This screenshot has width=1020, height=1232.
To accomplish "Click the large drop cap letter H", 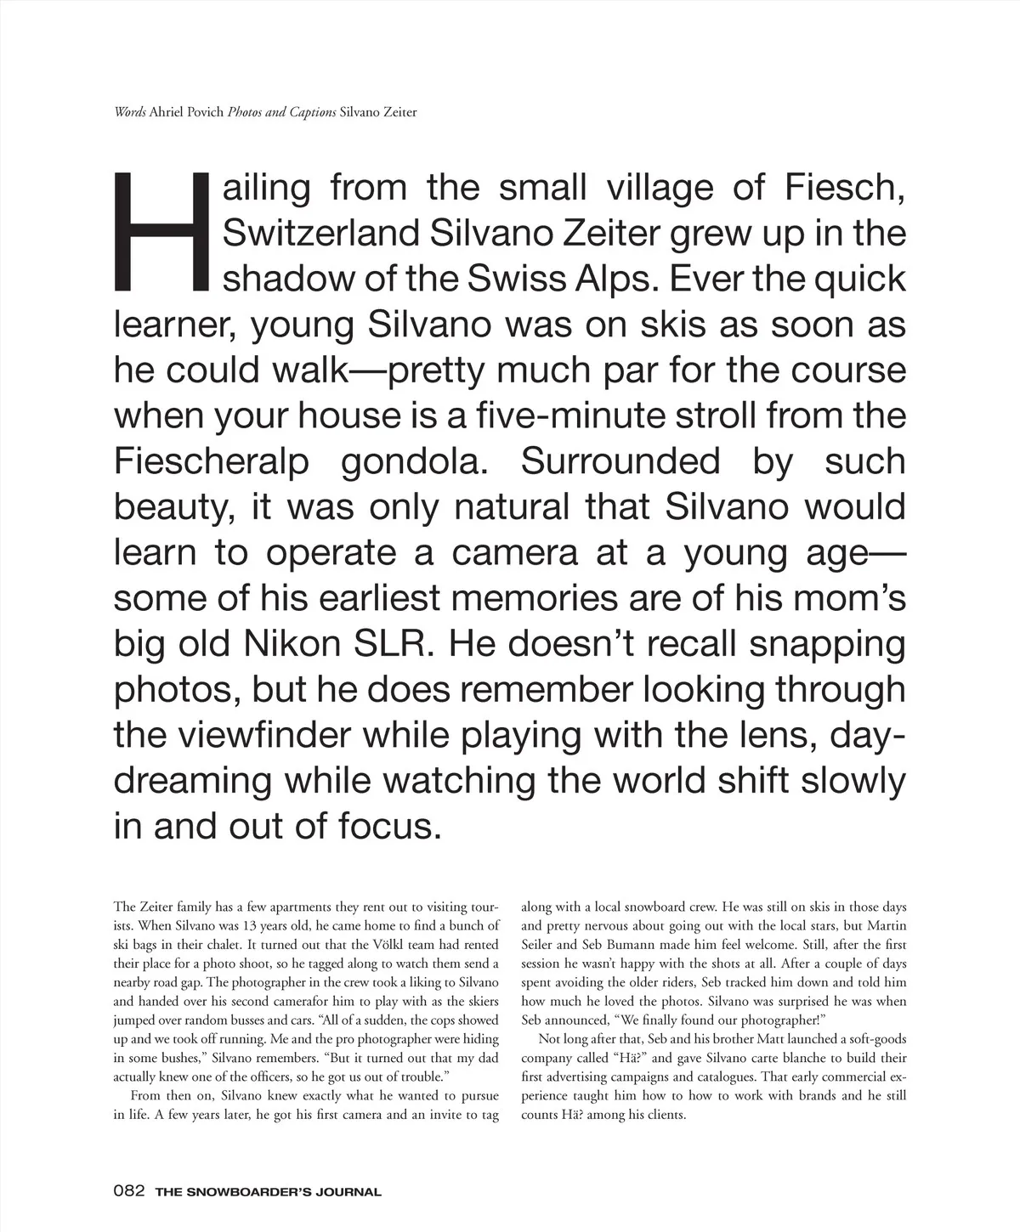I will tap(160, 230).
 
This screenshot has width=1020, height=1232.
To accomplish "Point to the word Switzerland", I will tap(320, 233).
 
